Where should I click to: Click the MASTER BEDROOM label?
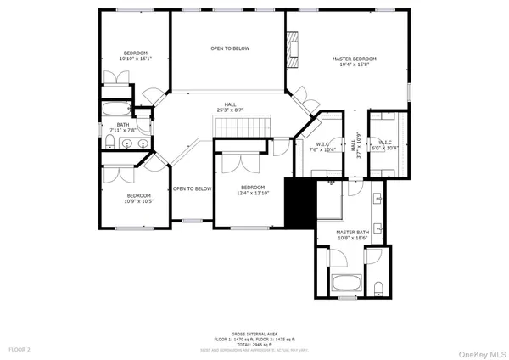354,59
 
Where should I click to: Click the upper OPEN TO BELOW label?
230,48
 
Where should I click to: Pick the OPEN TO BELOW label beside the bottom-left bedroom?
192,188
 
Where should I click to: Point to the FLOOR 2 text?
20,349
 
